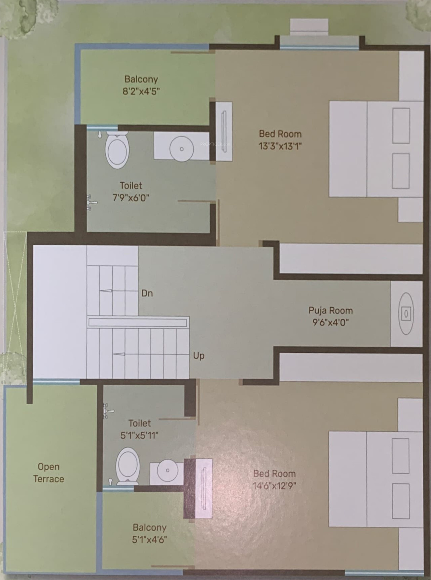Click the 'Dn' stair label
(x=147, y=293)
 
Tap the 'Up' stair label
(x=199, y=356)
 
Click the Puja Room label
(x=330, y=310)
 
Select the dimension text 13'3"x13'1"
(x=280, y=146)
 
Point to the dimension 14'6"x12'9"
(x=274, y=486)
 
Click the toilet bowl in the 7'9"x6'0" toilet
(x=117, y=150)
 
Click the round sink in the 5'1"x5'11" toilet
(x=168, y=470)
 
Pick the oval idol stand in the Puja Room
(x=406, y=313)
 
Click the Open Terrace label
(x=49, y=473)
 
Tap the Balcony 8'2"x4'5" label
(x=141, y=85)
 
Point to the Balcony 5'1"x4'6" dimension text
(x=149, y=540)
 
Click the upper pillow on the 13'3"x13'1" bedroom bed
(x=401, y=125)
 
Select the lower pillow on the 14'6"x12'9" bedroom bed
(x=401, y=501)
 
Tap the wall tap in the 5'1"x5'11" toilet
(x=108, y=411)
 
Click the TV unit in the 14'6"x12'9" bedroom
(x=204, y=488)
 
